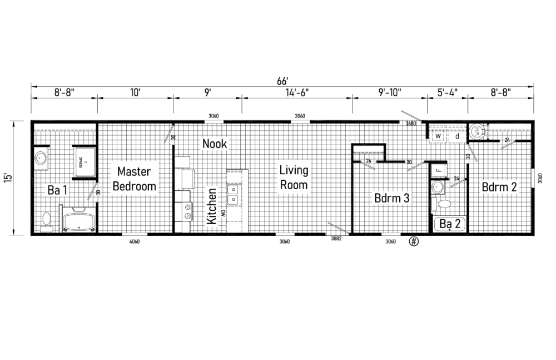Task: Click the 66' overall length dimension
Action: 282,81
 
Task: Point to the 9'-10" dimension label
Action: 389,91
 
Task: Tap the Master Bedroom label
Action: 135,179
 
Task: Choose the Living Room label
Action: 294,177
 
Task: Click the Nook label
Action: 214,144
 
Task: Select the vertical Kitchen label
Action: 212,206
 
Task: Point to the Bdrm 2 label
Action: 499,187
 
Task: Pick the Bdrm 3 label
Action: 392,198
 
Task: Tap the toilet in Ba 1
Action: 46,221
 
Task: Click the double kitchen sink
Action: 234,193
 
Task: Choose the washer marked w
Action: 438,135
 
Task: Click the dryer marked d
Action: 457,135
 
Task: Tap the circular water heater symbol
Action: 476,131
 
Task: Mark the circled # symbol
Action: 414,241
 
